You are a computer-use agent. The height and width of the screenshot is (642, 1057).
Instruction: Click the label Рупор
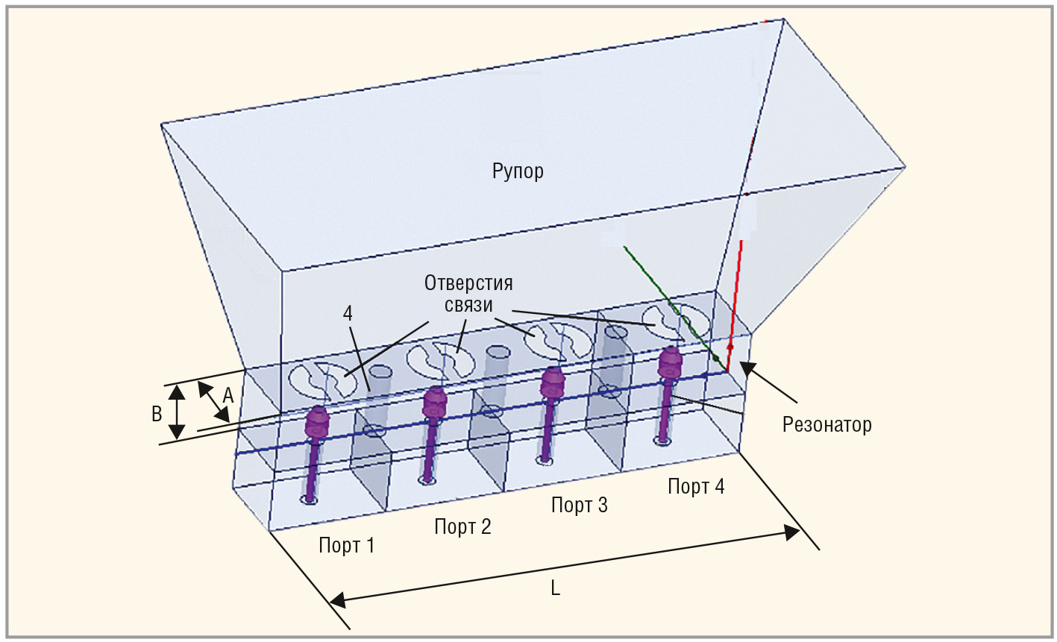(x=518, y=171)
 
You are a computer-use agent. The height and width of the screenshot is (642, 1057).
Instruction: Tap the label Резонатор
(x=827, y=425)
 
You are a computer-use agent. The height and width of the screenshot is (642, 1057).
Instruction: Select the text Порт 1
(x=346, y=546)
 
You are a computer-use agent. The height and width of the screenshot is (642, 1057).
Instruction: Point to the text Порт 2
(x=462, y=527)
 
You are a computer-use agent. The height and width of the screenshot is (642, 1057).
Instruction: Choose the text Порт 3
(x=579, y=506)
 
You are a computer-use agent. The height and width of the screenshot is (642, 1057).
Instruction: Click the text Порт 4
(x=695, y=487)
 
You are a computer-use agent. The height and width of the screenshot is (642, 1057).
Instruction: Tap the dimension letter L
(x=555, y=588)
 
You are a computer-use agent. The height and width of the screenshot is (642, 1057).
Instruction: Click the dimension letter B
(x=157, y=415)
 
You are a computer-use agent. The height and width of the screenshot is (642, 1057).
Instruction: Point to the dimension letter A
(x=228, y=397)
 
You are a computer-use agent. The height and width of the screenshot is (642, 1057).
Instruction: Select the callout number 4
(x=348, y=314)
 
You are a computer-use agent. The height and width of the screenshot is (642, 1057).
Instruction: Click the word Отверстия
(x=468, y=283)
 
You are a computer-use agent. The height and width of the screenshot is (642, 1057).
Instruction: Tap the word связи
(x=468, y=306)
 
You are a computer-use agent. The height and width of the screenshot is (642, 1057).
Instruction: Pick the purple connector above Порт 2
(x=433, y=404)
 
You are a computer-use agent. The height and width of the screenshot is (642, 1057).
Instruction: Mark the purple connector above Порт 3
(x=552, y=383)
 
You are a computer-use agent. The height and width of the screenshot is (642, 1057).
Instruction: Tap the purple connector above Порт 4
(x=669, y=365)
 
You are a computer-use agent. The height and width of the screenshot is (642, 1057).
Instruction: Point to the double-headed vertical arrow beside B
(x=176, y=412)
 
